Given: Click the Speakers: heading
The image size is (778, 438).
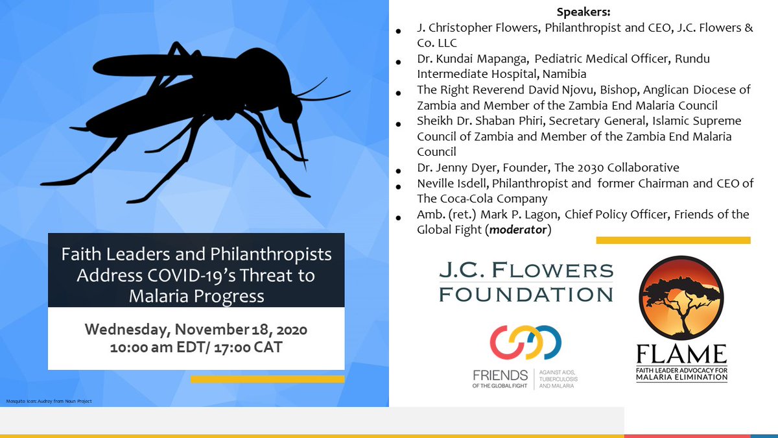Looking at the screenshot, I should point(584,12).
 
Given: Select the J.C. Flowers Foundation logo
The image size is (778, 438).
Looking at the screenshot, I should point(526,282).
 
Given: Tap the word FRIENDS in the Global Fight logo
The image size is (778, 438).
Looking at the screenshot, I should point(500,374).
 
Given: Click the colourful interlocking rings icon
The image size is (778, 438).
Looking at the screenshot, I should point(525,342).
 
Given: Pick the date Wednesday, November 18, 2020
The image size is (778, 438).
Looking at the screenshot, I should point(196,330).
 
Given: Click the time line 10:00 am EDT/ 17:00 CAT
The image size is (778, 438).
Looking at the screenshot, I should point(196,347).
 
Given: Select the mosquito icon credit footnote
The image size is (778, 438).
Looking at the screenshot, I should point(49,401).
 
